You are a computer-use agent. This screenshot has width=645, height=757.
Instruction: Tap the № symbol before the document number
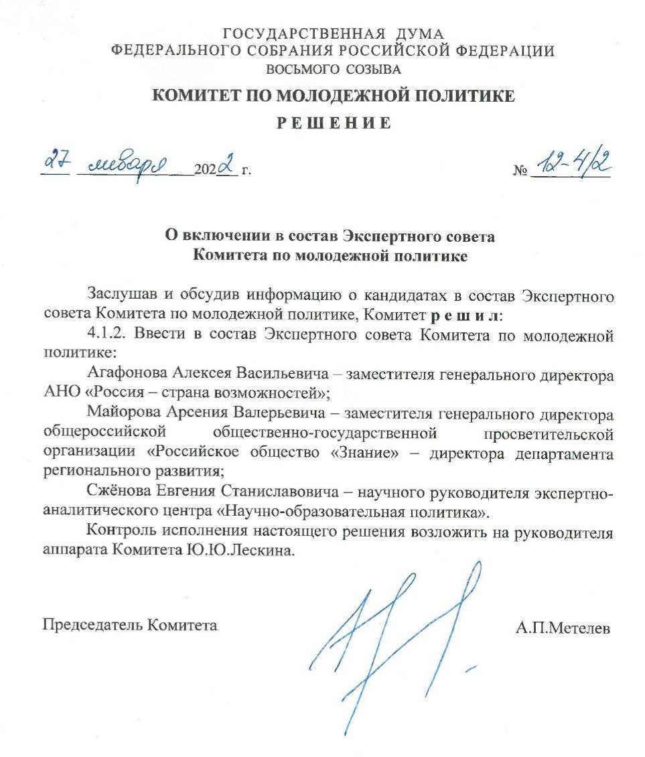(520, 171)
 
